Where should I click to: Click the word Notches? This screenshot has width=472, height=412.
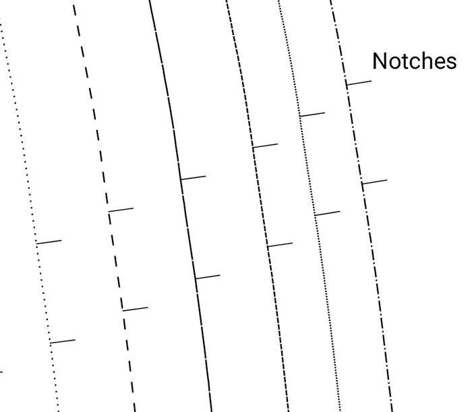414,61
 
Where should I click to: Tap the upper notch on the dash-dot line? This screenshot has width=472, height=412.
359,83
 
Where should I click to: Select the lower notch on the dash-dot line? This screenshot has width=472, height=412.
374,181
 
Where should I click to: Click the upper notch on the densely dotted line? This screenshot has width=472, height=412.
312,115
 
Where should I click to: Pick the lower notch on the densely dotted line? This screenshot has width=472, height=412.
327,213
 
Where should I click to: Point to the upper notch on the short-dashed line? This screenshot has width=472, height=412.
265,145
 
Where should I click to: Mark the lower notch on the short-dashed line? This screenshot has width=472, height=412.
280,245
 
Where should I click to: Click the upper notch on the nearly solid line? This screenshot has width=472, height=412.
193,177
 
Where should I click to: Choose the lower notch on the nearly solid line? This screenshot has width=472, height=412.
208,276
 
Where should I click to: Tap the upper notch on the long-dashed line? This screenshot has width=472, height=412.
121,210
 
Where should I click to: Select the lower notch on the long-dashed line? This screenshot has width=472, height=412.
135,309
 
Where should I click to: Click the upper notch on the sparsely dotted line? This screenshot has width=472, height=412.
49,241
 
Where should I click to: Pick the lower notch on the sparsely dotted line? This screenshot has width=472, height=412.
63,341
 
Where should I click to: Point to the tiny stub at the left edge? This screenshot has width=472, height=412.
1,372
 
